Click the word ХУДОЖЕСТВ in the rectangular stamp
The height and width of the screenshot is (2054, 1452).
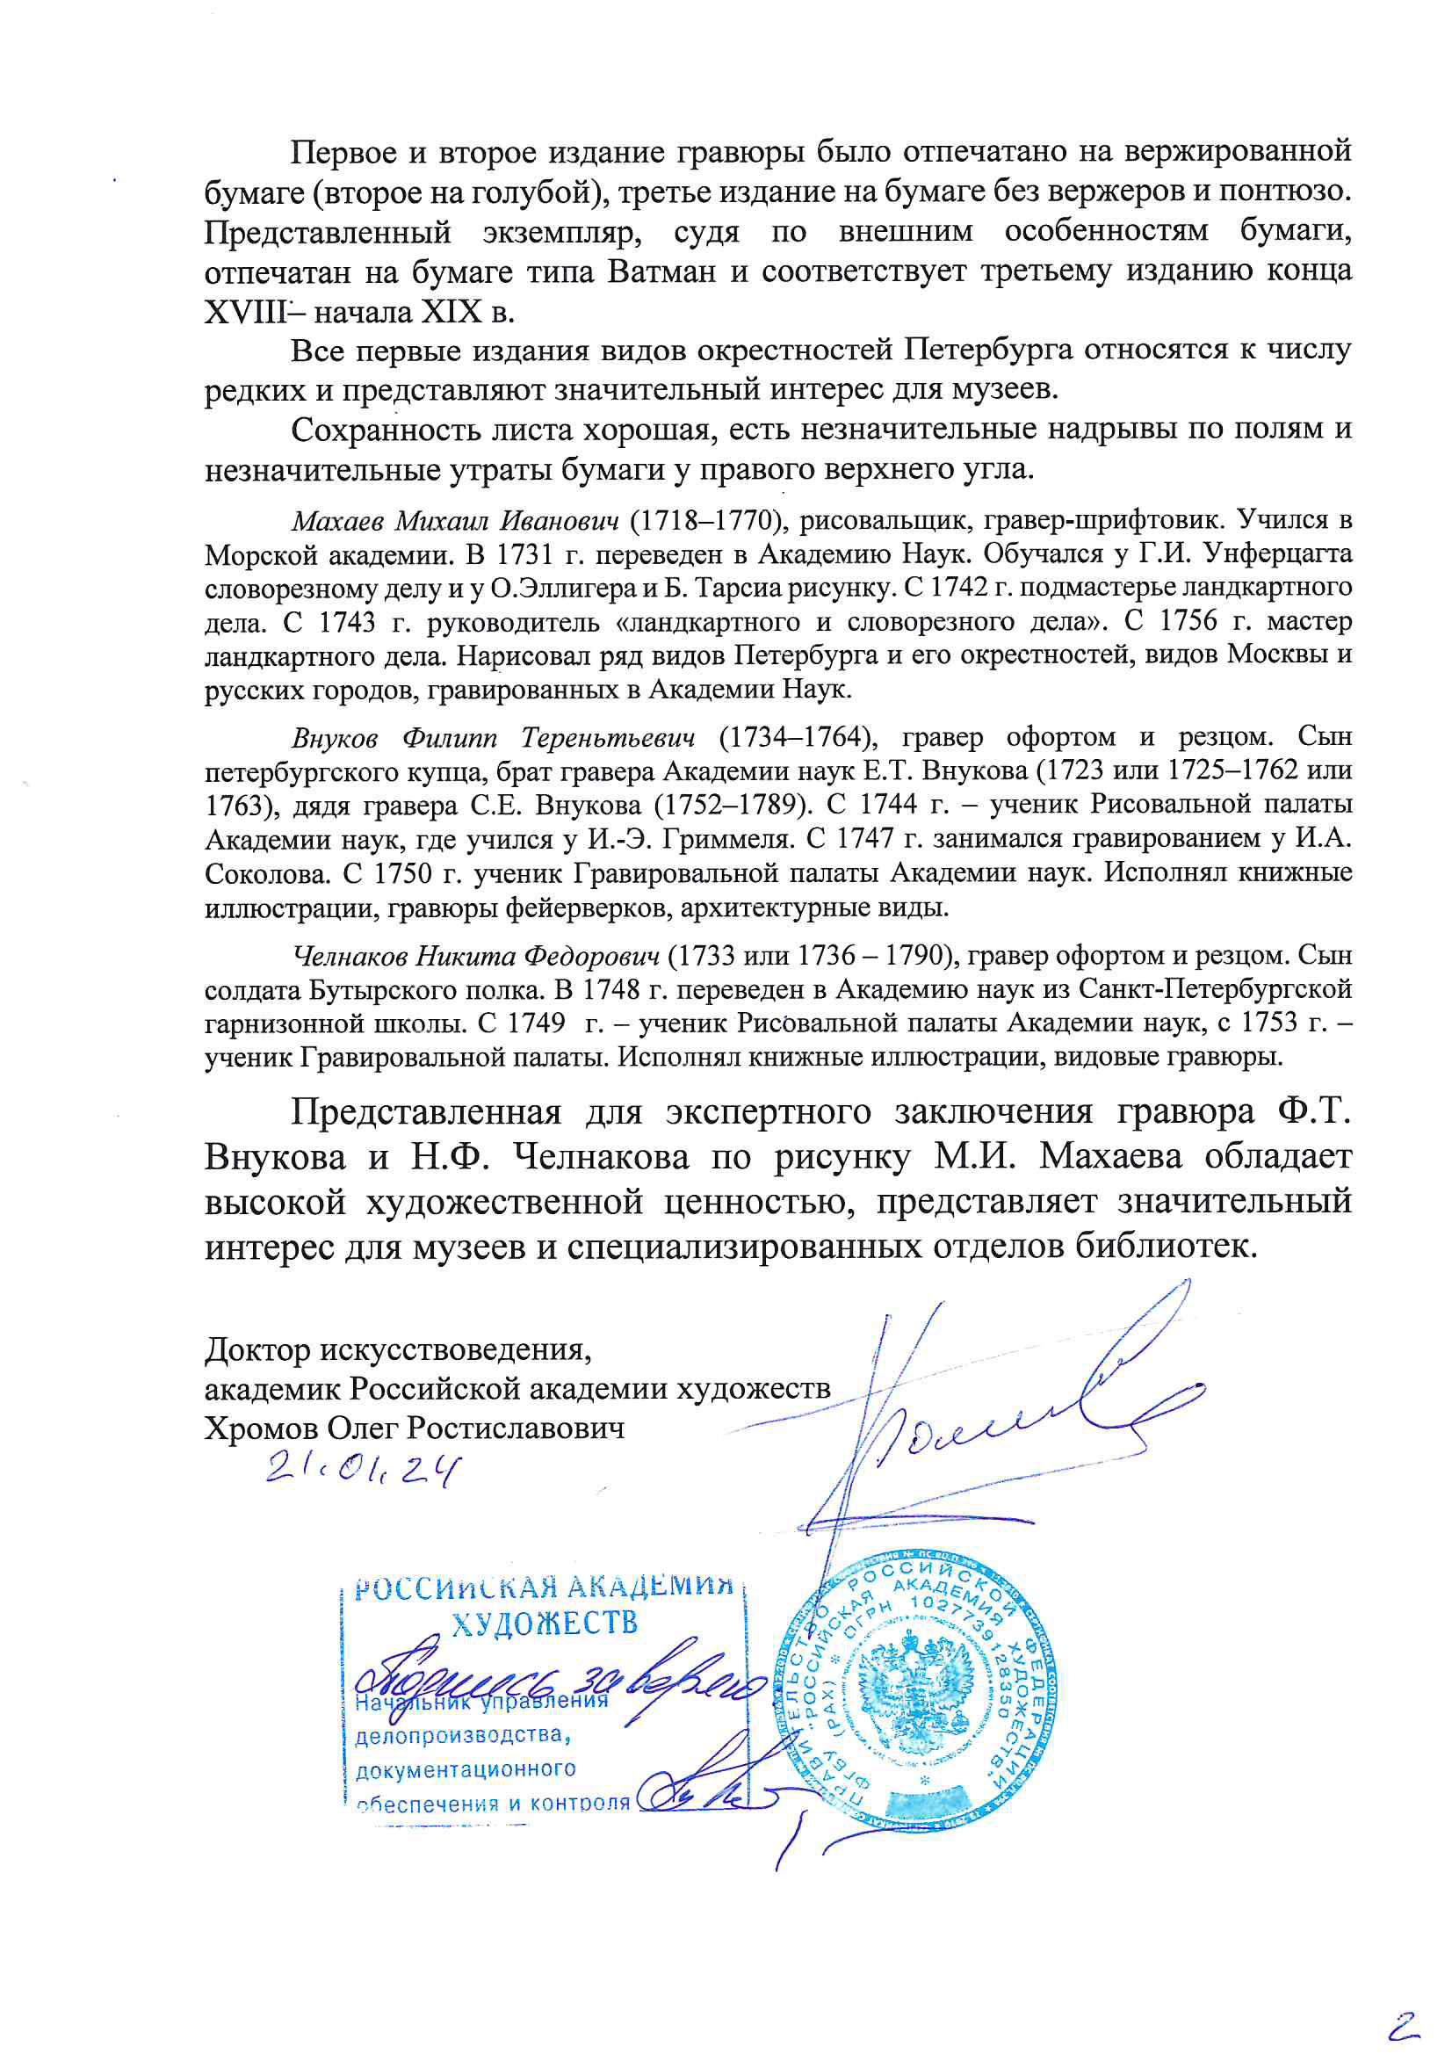click(x=544, y=1624)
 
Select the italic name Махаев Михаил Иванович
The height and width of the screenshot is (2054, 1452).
click(x=455, y=520)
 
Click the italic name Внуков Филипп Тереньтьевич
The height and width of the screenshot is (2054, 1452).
click(x=493, y=737)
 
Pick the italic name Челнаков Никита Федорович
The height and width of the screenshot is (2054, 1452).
click(x=476, y=957)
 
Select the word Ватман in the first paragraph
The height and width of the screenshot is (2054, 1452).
click(x=661, y=271)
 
